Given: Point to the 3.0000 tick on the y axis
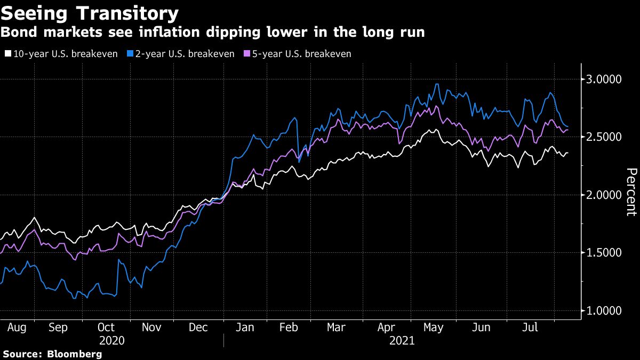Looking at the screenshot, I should coord(604,79).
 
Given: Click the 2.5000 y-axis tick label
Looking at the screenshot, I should coord(604,137).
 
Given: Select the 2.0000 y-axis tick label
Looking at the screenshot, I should coord(604,195).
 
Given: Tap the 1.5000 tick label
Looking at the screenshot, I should coord(604,252).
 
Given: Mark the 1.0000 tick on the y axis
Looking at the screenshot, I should coord(604,310).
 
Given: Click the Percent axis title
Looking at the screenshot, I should coord(631,192).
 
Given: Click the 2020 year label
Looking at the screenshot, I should coord(111,340).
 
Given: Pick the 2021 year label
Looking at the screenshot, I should coord(401,340).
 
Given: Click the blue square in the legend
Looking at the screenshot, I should coord(129,54).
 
